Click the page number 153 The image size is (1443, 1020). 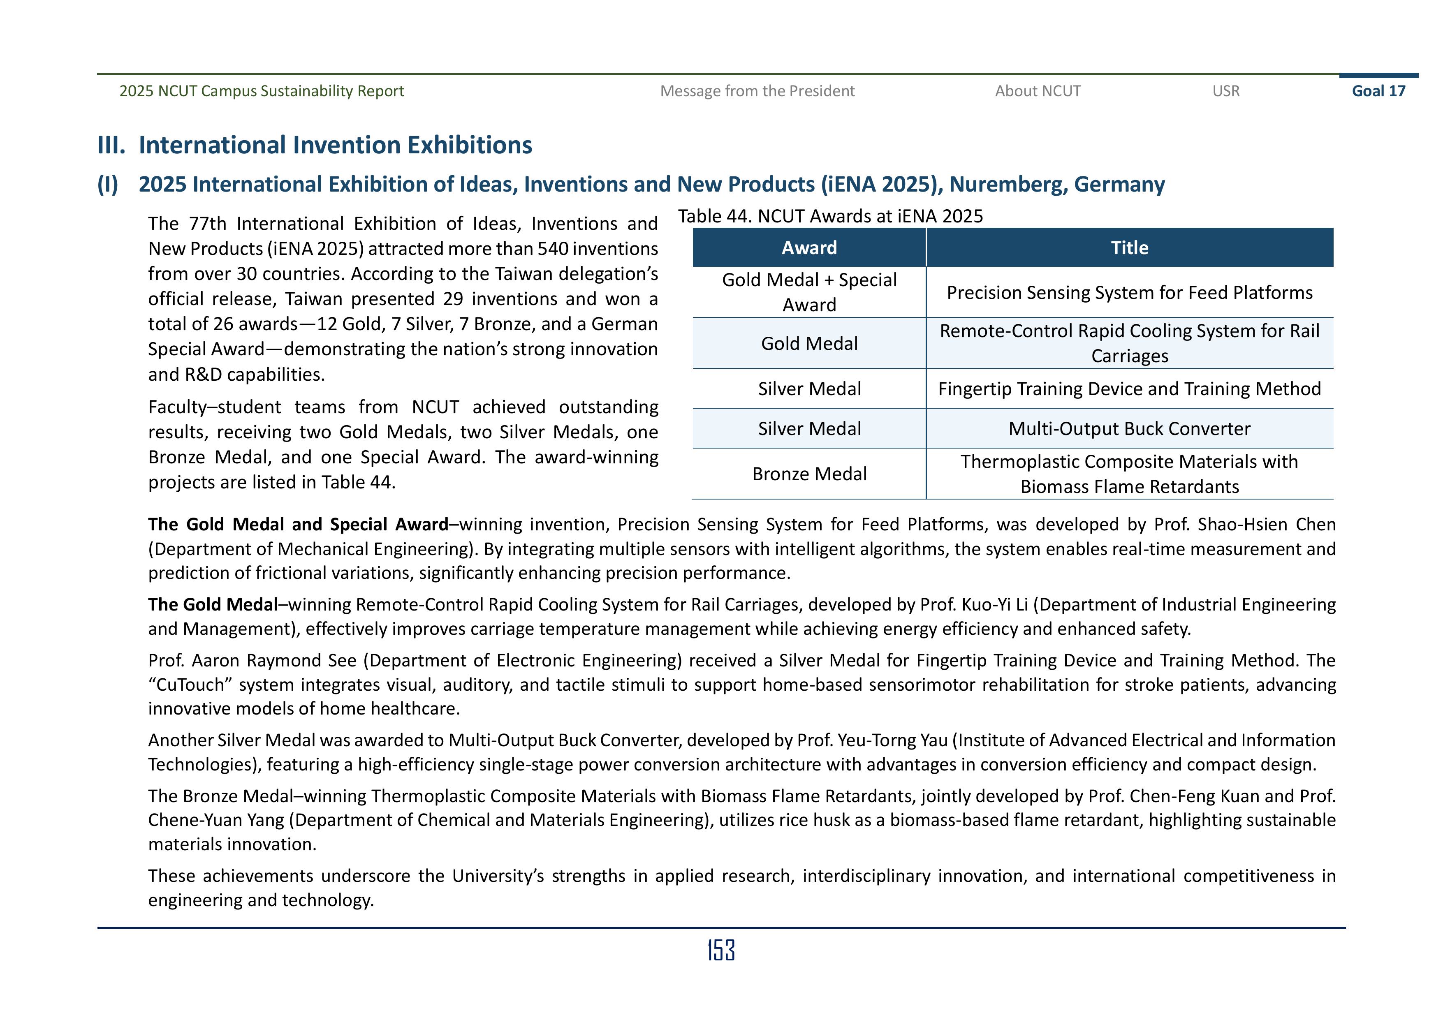(x=721, y=950)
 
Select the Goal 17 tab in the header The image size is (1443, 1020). (x=1378, y=91)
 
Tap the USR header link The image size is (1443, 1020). (x=1225, y=91)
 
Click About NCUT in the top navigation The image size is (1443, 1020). (x=1038, y=91)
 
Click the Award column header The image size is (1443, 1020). (x=809, y=247)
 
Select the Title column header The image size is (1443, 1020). (x=1129, y=247)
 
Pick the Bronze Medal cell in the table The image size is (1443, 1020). (x=809, y=474)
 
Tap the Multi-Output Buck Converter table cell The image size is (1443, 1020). (x=1129, y=429)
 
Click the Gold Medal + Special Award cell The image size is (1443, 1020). (x=809, y=292)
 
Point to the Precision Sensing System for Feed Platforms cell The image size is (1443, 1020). (x=1129, y=293)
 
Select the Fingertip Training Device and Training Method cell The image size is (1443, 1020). (x=1129, y=389)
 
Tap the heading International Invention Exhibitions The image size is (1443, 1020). (x=335, y=145)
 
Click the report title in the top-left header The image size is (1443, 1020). (x=262, y=91)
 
